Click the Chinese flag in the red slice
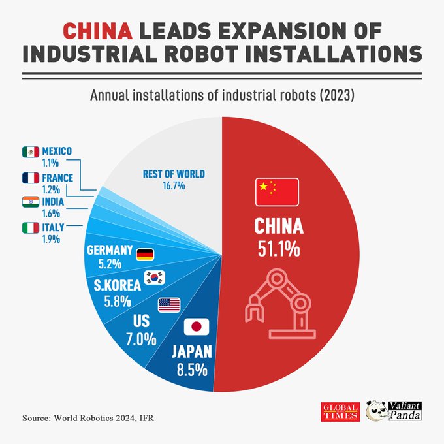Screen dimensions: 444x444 coord(276,190)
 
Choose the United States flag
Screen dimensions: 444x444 coord(168,304)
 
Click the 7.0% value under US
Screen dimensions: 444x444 coord(141,340)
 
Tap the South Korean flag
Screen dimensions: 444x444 coord(155,277)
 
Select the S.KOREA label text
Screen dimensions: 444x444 coord(115,285)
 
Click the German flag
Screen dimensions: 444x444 coord(145,254)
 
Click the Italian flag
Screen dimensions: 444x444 coord(30,228)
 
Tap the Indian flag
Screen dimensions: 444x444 coord(30,202)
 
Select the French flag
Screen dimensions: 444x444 coord(30,178)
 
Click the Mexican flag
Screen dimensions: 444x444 coord(30,151)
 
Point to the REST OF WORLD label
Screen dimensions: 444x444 coord(174,174)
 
